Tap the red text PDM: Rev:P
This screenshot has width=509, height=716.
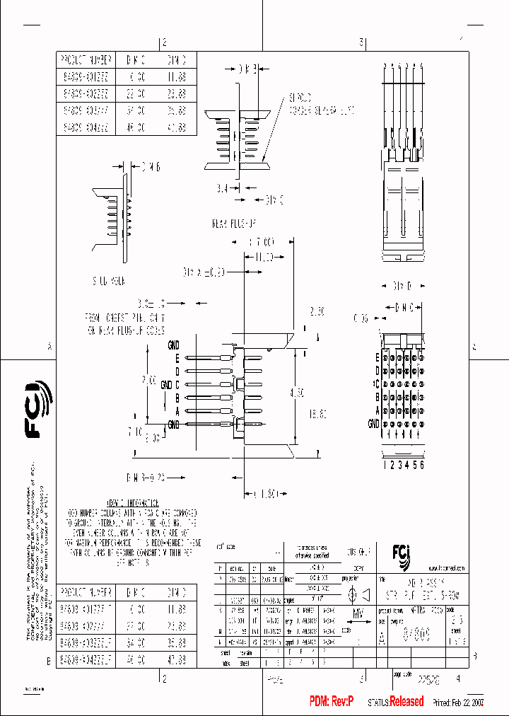pos(333,701)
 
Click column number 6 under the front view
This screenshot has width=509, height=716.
pos(422,465)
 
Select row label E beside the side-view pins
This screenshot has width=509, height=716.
pos(177,358)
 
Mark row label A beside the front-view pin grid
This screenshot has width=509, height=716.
pos(378,410)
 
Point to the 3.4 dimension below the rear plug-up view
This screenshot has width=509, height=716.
pos(221,190)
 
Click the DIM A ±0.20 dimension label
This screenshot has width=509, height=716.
pos(204,272)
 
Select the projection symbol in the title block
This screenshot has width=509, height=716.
pos(359,576)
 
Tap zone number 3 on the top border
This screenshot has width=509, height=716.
pos(361,42)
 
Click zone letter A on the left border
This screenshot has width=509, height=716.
pos(49,347)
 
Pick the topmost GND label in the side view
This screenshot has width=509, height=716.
pos(173,345)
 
